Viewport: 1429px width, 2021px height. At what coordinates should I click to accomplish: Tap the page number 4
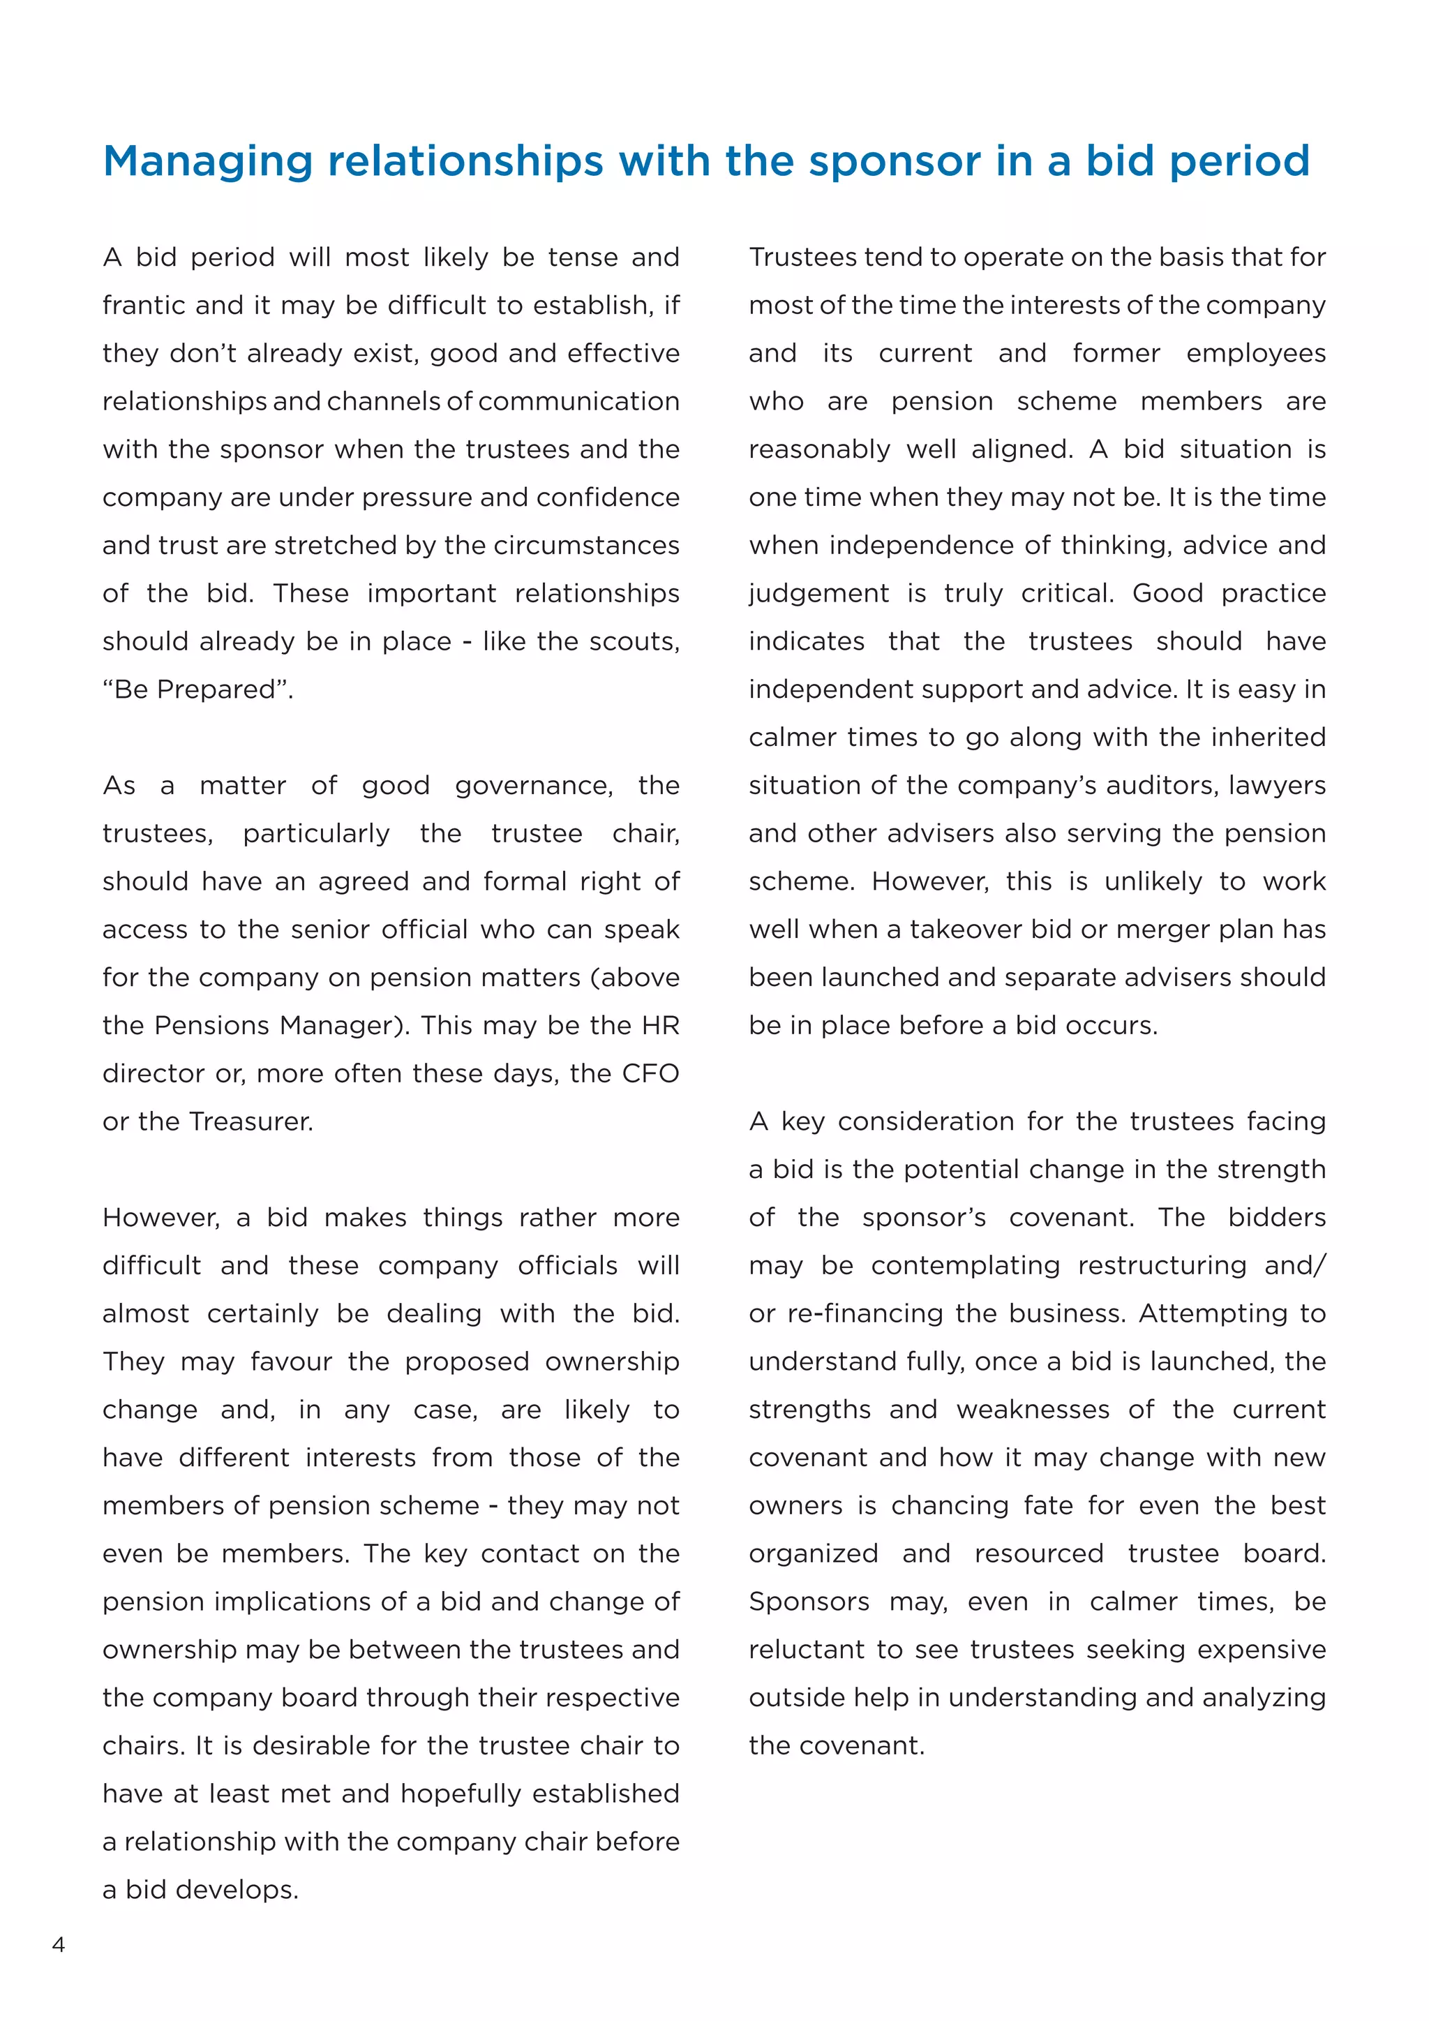point(59,1944)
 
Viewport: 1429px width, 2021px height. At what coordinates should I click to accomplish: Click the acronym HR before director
point(660,1025)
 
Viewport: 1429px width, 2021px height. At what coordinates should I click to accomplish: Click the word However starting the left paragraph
point(160,1217)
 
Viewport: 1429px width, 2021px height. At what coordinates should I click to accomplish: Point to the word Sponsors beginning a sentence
point(809,1601)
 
